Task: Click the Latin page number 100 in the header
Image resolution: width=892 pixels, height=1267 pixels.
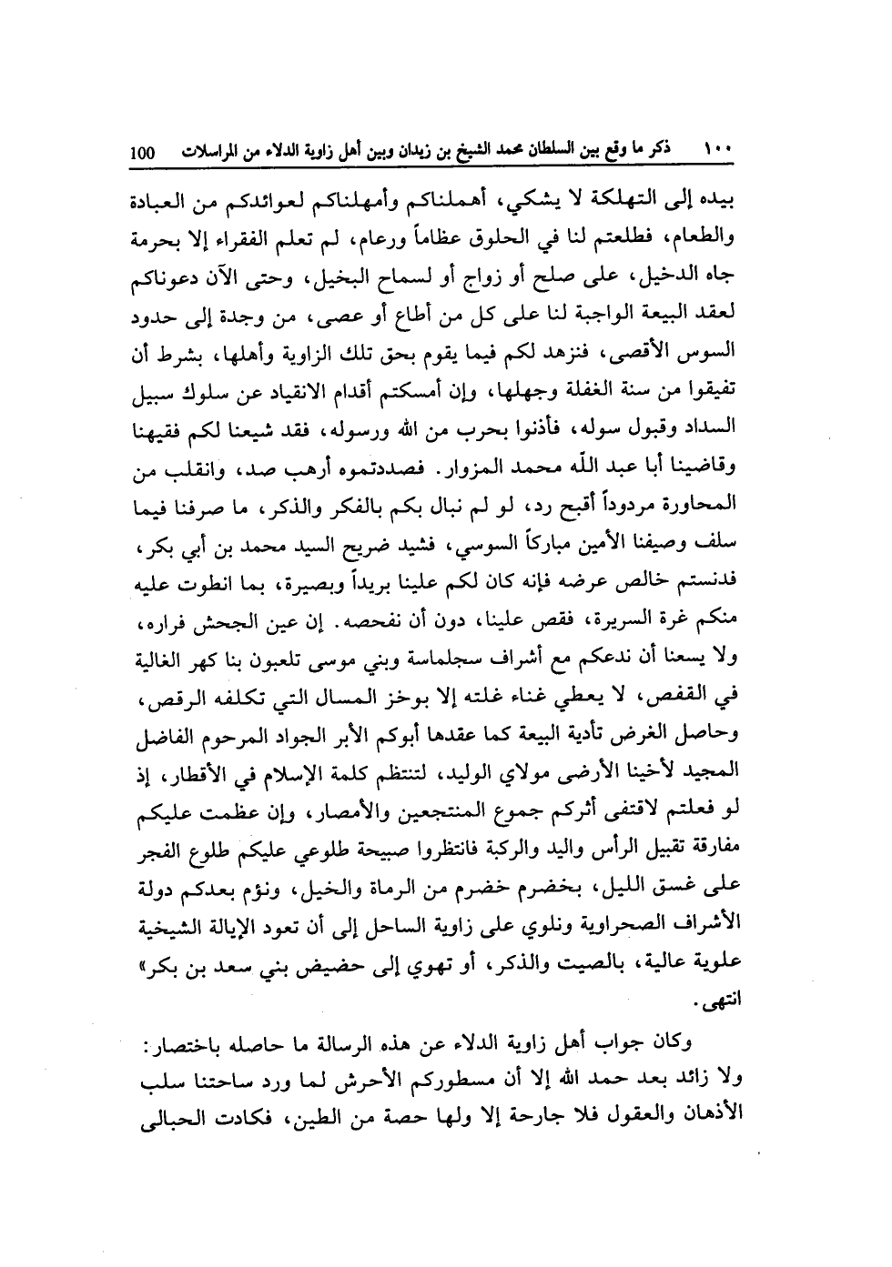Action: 145,153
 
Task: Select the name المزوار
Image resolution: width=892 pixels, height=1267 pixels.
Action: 474,470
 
